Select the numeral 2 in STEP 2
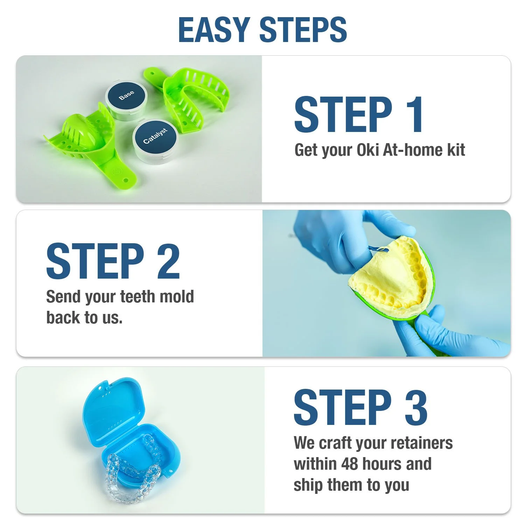(x=168, y=261)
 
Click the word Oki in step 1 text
(x=368, y=150)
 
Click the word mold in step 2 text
(x=176, y=297)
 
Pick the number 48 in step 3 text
(x=349, y=464)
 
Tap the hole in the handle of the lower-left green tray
(x=126, y=181)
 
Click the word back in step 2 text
(x=63, y=318)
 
